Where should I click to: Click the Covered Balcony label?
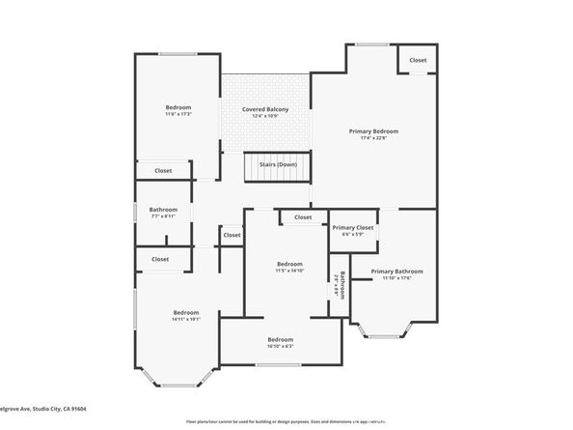coord(265,109)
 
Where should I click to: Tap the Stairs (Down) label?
coord(278,164)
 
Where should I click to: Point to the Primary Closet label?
coord(353,228)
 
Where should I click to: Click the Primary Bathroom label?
coord(396,272)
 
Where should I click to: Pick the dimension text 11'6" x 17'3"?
coord(178,114)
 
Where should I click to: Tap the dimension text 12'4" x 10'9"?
coord(265,117)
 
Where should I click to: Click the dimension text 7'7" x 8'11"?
coord(163,216)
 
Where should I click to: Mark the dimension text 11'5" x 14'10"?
coord(290,272)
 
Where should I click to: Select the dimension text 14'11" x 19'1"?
coord(186,320)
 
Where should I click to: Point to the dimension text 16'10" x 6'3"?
coord(281,346)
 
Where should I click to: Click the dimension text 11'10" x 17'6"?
coord(396,279)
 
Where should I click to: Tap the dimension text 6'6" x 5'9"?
coord(353,235)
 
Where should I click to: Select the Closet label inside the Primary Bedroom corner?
coord(418,60)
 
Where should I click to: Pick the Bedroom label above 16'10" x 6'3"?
coord(281,339)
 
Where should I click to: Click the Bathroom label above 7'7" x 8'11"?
coord(163,210)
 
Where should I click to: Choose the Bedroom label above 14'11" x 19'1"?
coord(186,312)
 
